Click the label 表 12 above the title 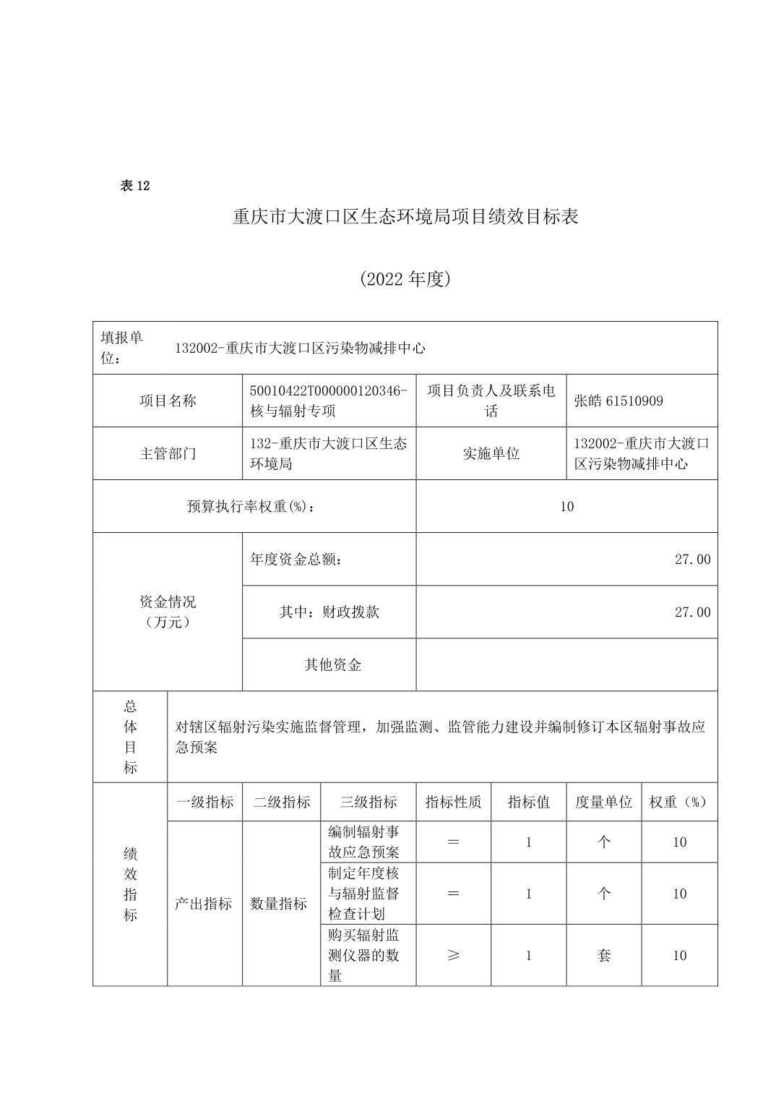[x=135, y=186]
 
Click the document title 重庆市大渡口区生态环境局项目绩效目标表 [x=405, y=216]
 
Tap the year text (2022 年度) [x=405, y=279]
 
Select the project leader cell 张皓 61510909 [x=618, y=401]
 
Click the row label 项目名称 [x=168, y=401]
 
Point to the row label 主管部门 [x=168, y=453]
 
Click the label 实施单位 [x=491, y=453]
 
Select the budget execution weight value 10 [x=566, y=506]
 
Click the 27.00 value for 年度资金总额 [x=692, y=559]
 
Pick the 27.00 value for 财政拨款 [x=692, y=612]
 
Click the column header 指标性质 [x=453, y=801]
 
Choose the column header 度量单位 [x=604, y=801]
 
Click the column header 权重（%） [x=679, y=801]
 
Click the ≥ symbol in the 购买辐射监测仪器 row [x=453, y=955]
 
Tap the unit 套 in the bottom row [x=604, y=955]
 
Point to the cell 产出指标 [x=204, y=903]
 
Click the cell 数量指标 [x=279, y=903]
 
